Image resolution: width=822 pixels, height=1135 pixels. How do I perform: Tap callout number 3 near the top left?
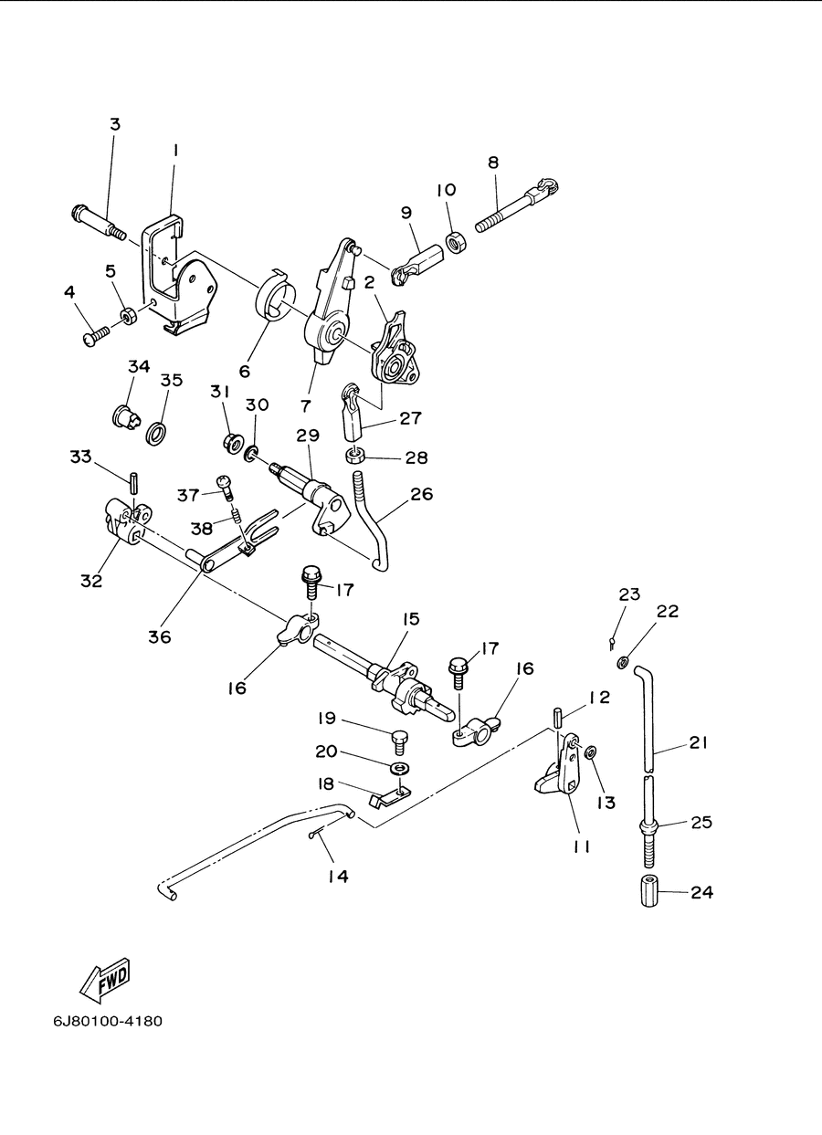(116, 124)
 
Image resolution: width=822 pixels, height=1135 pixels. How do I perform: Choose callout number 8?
(493, 163)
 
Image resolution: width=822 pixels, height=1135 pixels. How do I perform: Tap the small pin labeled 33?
(132, 482)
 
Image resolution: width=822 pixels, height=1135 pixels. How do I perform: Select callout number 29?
(308, 436)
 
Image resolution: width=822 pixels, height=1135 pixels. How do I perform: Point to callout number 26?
(422, 494)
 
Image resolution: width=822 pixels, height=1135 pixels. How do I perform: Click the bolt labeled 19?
(400, 742)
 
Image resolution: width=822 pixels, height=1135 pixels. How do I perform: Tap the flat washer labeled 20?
(400, 768)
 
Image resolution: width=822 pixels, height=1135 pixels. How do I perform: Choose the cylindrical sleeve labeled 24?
(649, 891)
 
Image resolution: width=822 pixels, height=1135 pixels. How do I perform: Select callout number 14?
(338, 876)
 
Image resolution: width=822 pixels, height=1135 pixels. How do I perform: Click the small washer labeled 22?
(623, 662)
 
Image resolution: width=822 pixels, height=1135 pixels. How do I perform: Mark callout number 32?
(91, 581)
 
